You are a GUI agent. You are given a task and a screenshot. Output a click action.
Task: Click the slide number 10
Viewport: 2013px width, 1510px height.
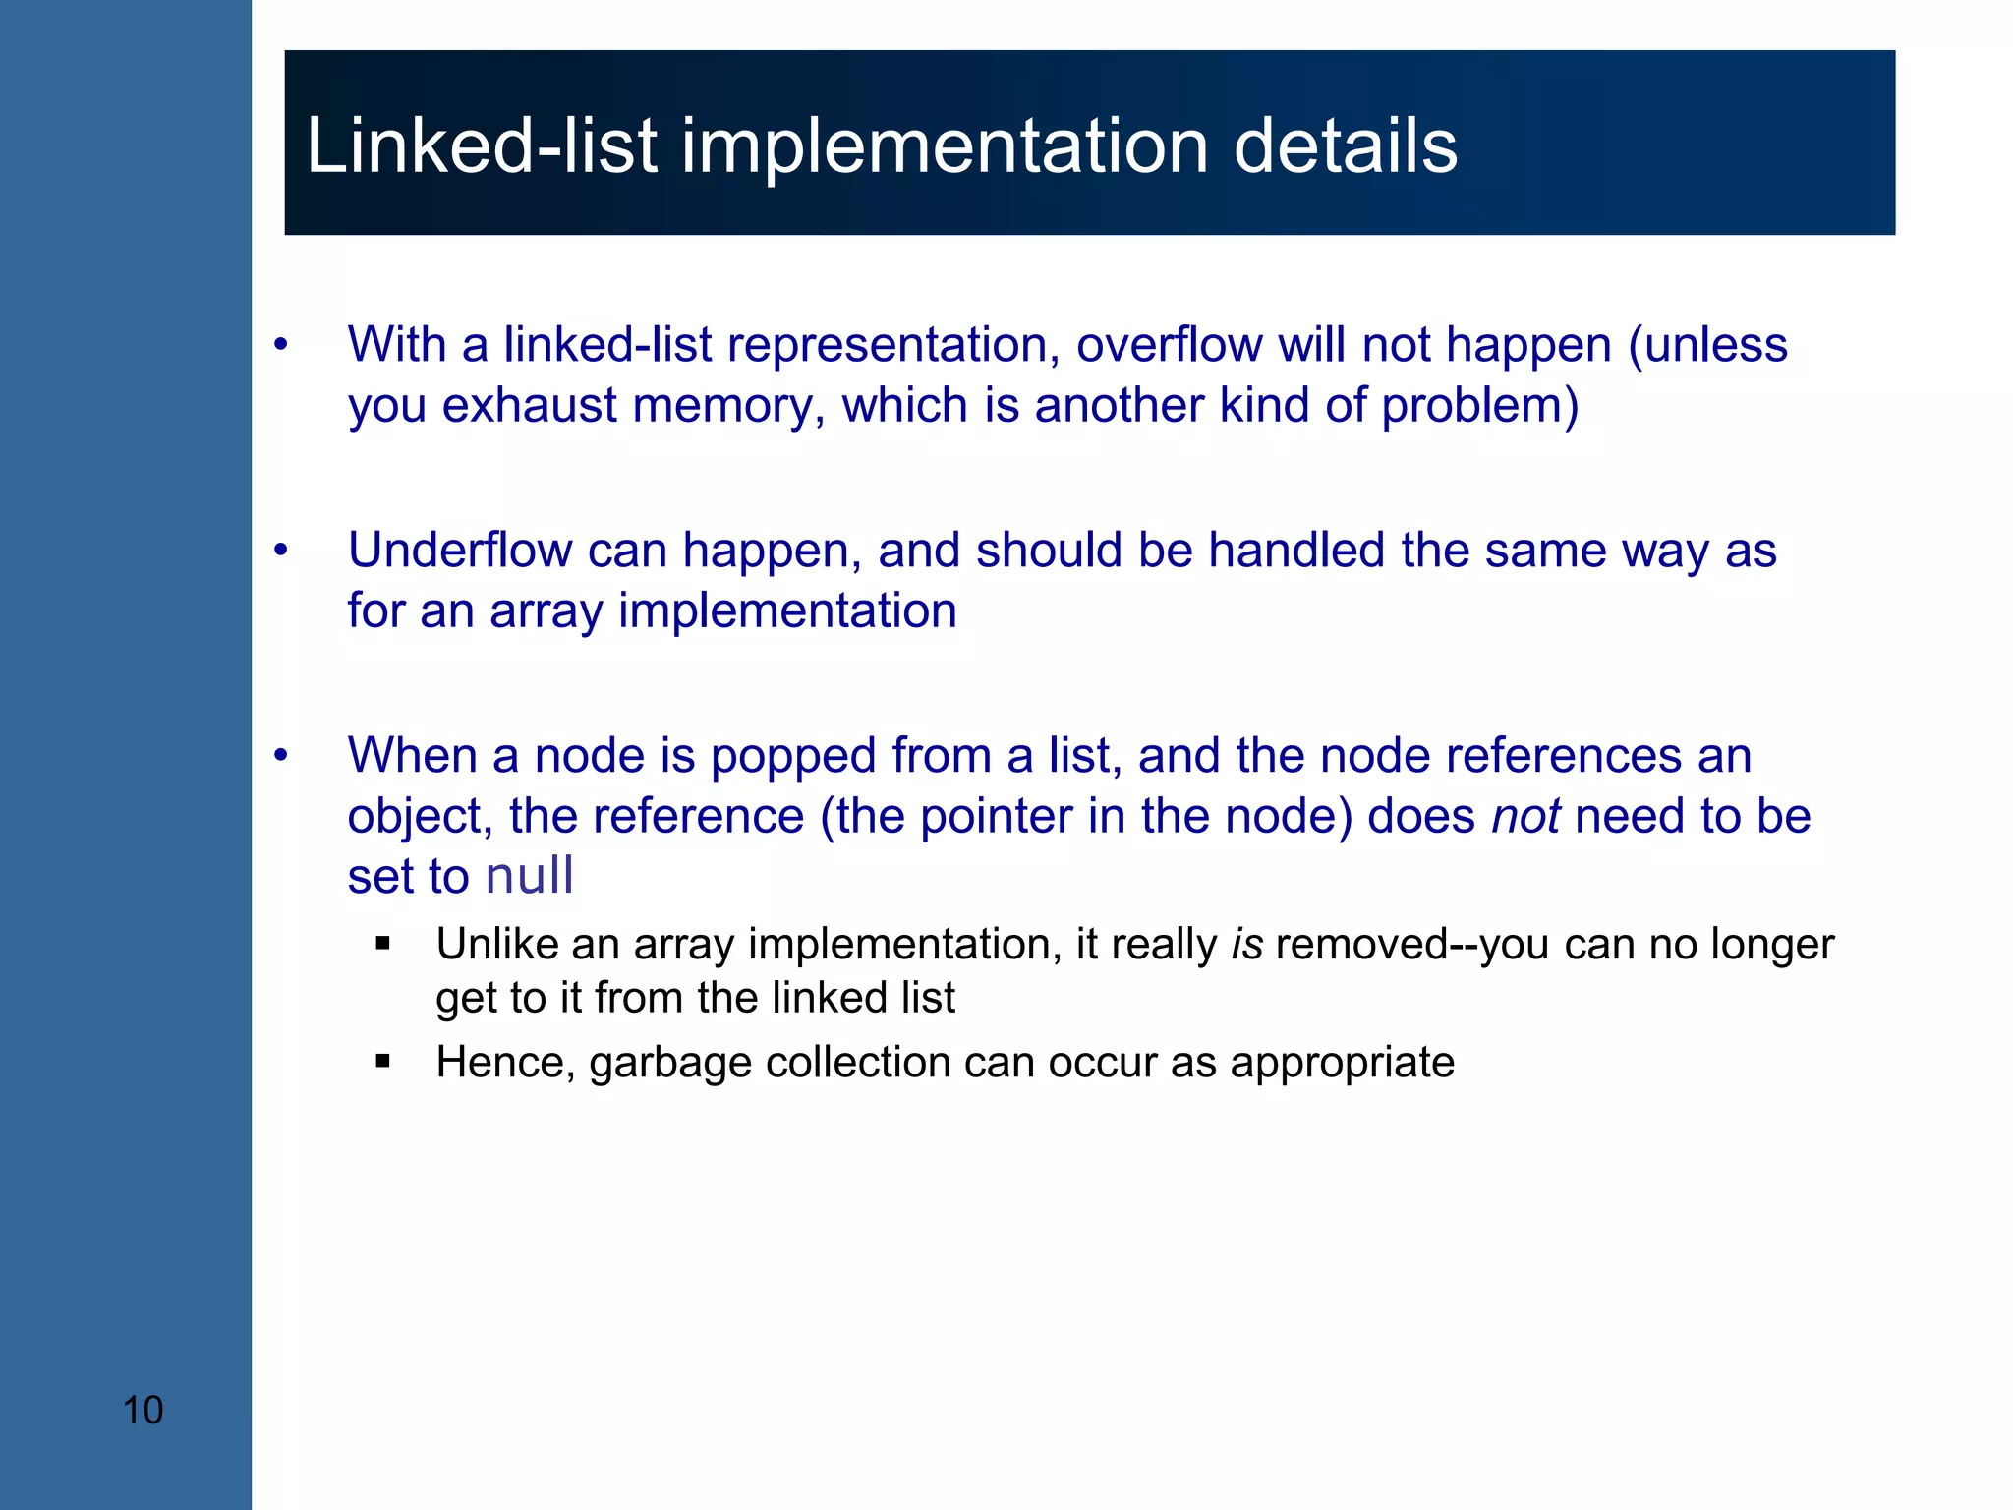[143, 1410]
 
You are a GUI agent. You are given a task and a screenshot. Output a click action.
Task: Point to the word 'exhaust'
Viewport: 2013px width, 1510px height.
[529, 405]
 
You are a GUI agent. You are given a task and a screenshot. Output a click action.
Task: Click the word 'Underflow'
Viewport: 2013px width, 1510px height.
[459, 550]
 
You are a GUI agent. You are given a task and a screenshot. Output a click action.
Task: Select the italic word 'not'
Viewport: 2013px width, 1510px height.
[1525, 816]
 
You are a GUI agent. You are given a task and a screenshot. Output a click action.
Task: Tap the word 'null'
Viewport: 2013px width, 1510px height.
[529, 876]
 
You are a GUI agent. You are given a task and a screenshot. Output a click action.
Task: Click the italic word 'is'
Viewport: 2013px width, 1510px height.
[1246, 944]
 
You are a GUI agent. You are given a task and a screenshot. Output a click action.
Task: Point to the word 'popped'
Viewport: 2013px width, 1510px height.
[793, 756]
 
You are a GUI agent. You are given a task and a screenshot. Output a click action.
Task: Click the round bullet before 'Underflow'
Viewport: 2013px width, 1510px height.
[281, 551]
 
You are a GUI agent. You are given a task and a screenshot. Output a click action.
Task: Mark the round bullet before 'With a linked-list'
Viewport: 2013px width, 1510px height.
[281, 345]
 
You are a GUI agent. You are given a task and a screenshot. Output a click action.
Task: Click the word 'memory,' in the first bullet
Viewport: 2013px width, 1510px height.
[728, 405]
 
